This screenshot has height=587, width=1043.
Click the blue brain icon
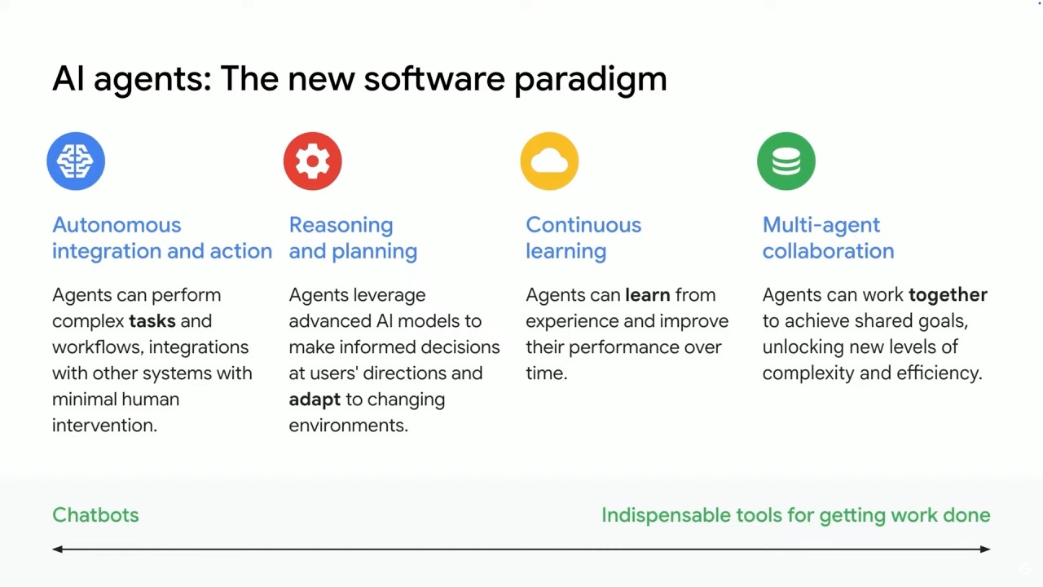pos(76,161)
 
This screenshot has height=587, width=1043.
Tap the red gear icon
pos(312,161)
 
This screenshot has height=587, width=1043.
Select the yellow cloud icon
pos(549,161)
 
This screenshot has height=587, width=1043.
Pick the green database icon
pos(786,161)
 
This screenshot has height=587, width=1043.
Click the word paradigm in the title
pos(591,80)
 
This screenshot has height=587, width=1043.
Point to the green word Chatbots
pos(95,514)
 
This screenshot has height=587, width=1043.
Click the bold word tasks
pos(152,321)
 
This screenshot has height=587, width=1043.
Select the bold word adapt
pos(315,400)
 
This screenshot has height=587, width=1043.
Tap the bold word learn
pos(648,295)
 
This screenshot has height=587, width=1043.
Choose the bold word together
pos(948,296)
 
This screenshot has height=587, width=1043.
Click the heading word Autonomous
pos(117,225)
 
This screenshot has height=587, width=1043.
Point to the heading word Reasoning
pos(341,226)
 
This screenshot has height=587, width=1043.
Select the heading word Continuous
pos(583,225)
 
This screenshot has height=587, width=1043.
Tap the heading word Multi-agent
pos(821,226)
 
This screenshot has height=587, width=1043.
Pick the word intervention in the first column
pos(105,426)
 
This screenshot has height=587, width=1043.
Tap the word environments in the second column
pos(348,426)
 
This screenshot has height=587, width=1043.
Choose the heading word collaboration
pos(829,251)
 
